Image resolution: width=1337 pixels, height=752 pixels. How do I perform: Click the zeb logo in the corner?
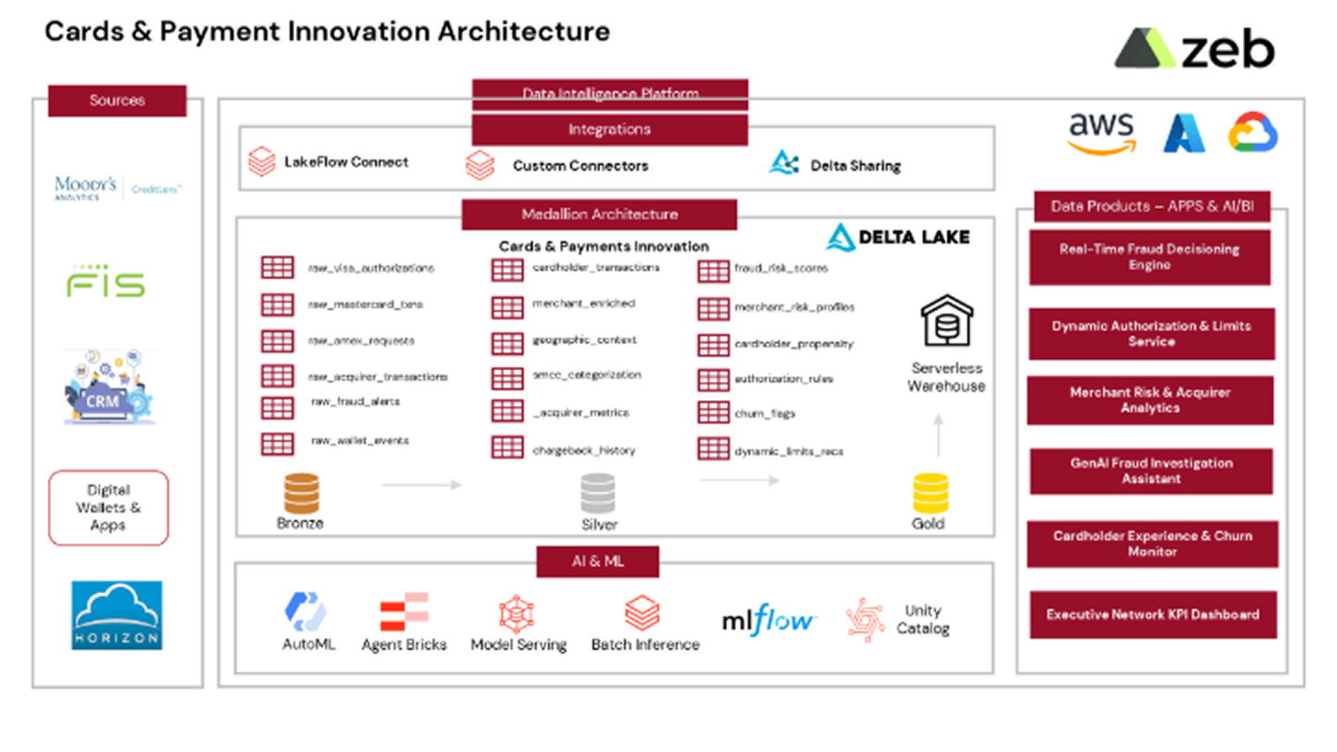pyautogui.click(x=1194, y=48)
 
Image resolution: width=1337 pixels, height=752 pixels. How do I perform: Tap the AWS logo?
pyautogui.click(x=1101, y=133)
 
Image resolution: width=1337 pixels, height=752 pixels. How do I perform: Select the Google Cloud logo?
pyautogui.click(x=1253, y=133)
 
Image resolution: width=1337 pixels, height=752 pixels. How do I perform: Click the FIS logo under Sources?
pyautogui.click(x=106, y=281)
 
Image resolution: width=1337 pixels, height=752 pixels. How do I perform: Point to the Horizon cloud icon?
pyautogui.click(x=117, y=615)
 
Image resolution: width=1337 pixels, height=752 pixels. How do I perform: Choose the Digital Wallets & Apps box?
pyautogui.click(x=109, y=508)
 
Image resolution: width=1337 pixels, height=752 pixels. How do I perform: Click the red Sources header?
pyautogui.click(x=117, y=100)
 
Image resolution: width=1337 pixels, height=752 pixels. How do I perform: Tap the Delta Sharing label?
pyautogui.click(x=855, y=165)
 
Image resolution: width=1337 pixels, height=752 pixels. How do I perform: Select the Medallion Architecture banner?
pyautogui.click(x=599, y=214)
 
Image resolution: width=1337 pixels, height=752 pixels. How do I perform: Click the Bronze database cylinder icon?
pyautogui.click(x=301, y=493)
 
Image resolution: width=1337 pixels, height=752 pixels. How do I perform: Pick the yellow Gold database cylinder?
pyautogui.click(x=930, y=494)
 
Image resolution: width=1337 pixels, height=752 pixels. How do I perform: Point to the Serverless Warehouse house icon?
pyautogui.click(x=946, y=321)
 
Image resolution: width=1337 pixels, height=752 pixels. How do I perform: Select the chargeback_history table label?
pyautogui.click(x=583, y=450)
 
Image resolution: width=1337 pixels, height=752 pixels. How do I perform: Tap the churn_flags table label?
pyautogui.click(x=764, y=414)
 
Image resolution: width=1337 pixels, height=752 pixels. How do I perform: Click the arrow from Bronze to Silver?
pyautogui.click(x=422, y=485)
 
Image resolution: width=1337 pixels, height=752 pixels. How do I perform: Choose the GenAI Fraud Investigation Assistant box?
pyautogui.click(x=1150, y=471)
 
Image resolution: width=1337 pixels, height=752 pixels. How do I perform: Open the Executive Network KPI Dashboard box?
pyautogui.click(x=1152, y=615)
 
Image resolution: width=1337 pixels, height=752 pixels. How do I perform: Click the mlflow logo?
pyautogui.click(x=769, y=620)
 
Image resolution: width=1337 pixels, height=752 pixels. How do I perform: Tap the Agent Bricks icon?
pyautogui.click(x=404, y=613)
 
